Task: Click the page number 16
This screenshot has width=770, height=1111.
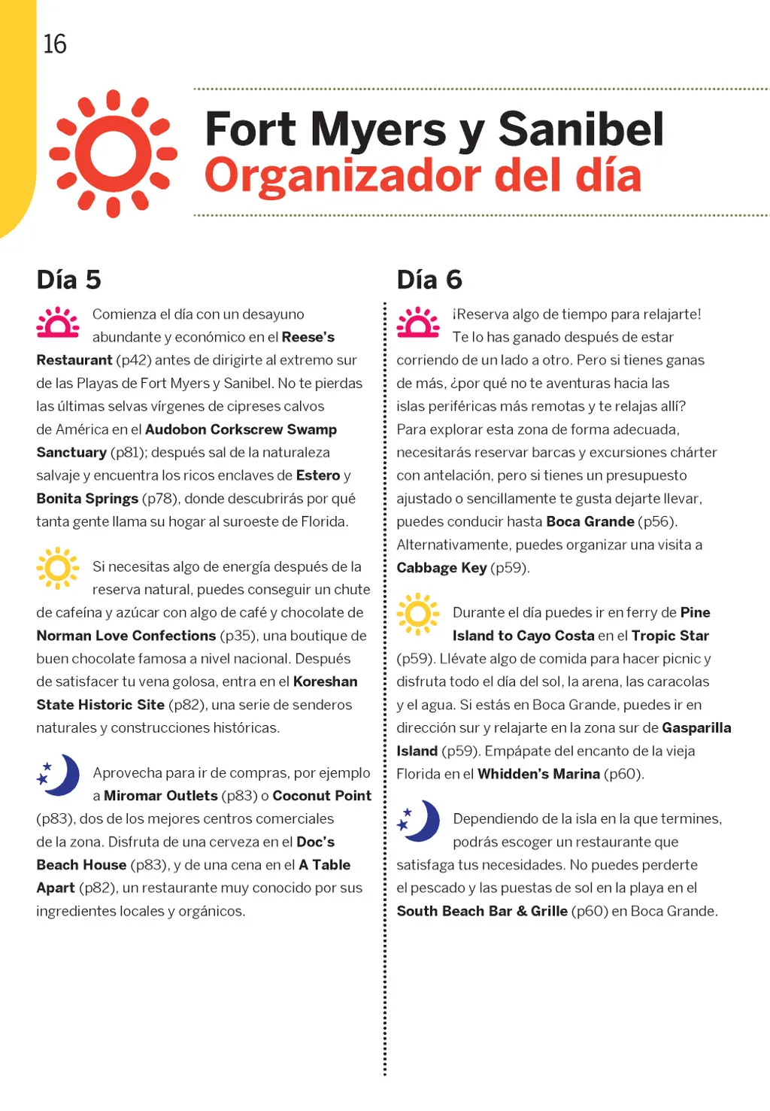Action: coord(55,44)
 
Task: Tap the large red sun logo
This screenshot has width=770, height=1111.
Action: coord(114,154)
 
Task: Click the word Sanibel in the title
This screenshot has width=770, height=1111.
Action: coord(581,129)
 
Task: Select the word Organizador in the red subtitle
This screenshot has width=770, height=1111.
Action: coord(342,176)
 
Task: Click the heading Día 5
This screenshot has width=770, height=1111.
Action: coord(68,280)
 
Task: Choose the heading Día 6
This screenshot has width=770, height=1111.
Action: coord(429,280)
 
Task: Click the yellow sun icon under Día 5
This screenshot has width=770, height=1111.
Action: coord(57,569)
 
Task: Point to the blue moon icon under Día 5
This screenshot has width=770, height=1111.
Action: coord(59,775)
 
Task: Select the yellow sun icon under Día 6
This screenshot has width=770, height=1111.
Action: coord(418,615)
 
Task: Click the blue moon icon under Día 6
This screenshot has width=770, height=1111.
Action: coord(420,821)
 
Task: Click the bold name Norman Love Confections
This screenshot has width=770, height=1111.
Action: coord(126,636)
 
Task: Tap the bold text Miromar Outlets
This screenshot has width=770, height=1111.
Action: coord(161,796)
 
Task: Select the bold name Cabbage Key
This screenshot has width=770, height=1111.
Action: coord(441,568)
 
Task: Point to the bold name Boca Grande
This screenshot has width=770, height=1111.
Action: coord(590,522)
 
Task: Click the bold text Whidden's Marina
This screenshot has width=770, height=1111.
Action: coord(538,774)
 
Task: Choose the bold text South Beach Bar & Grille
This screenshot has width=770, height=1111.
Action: coord(482,912)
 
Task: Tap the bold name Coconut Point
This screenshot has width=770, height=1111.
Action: coord(322,796)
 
